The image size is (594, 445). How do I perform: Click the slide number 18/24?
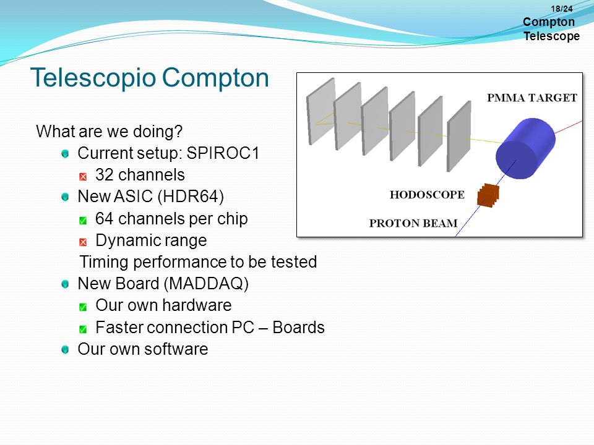tap(561, 9)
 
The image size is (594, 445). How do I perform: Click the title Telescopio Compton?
tap(150, 78)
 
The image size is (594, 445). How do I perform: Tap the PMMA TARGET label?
tap(532, 98)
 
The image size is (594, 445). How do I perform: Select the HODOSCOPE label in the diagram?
tap(427, 195)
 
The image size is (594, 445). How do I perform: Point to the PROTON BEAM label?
tap(413, 223)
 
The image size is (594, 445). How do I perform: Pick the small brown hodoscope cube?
tap(488, 195)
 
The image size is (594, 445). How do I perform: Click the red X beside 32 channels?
tap(83, 177)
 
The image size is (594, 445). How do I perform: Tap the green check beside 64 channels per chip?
tap(83, 220)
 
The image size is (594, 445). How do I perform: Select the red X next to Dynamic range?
tap(83, 242)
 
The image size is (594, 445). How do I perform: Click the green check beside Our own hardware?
tap(83, 307)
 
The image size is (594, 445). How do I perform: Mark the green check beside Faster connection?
tap(83, 329)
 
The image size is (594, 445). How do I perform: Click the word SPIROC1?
tap(223, 153)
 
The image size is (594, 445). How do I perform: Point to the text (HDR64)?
tap(191, 197)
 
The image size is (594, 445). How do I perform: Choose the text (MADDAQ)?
tap(206, 284)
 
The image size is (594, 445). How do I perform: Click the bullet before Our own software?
tap(65, 349)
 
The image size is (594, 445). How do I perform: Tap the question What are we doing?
tap(110, 131)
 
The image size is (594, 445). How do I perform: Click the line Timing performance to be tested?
tap(198, 262)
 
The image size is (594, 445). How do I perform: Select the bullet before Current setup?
tap(65, 154)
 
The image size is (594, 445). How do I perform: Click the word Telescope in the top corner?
tap(551, 36)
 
